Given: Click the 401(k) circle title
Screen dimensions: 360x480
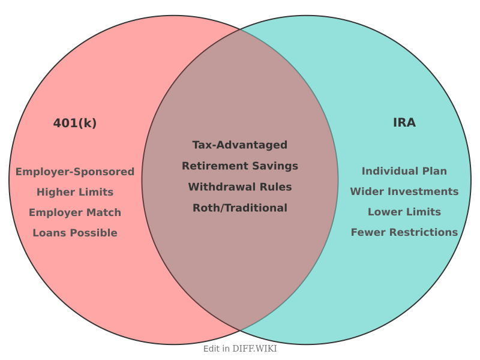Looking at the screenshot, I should pyautogui.click(x=75, y=123).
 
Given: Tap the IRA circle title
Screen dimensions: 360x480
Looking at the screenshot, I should pyautogui.click(x=404, y=122).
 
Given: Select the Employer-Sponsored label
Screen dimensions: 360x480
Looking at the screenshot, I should pyautogui.click(x=75, y=172).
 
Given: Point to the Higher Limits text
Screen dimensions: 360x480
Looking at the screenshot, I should pyautogui.click(x=75, y=192).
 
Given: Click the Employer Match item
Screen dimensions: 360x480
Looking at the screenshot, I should pyautogui.click(x=75, y=212).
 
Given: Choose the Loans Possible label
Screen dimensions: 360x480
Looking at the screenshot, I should pyautogui.click(x=75, y=233).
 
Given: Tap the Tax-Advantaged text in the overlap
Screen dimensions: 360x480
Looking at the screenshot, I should pyautogui.click(x=240, y=145).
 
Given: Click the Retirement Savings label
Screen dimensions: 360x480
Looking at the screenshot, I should pyautogui.click(x=240, y=166).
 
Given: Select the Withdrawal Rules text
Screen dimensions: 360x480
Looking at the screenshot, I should pyautogui.click(x=240, y=187).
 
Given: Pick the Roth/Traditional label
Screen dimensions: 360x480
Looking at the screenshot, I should pyautogui.click(x=240, y=208).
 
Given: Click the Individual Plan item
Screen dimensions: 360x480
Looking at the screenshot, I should pyautogui.click(x=404, y=171).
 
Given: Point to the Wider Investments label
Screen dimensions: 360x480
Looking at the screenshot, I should pyautogui.click(x=404, y=191).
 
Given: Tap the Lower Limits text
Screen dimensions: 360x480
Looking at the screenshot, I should pyautogui.click(x=404, y=212).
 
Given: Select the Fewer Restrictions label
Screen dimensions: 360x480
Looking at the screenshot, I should pyautogui.click(x=404, y=232).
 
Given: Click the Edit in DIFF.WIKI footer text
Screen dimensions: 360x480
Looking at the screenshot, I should pyautogui.click(x=240, y=349).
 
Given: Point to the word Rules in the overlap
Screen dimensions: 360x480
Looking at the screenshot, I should pyautogui.click(x=276, y=187).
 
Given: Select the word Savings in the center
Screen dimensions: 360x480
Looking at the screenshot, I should pyautogui.click(x=277, y=166).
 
